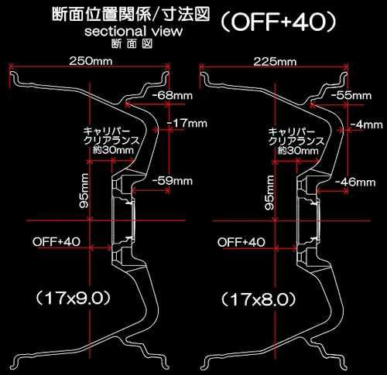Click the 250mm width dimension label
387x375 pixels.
(x=91, y=61)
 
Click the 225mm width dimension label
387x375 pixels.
(x=275, y=62)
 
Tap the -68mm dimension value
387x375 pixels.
(x=173, y=96)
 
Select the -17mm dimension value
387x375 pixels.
(x=187, y=124)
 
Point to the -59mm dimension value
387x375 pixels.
(x=173, y=181)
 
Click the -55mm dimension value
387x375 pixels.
(x=351, y=96)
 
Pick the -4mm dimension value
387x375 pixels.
(x=366, y=124)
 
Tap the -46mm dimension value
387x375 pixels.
(x=355, y=182)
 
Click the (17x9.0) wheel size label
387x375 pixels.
(x=73, y=298)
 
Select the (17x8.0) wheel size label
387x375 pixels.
(x=258, y=299)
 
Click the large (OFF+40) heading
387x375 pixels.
(x=279, y=22)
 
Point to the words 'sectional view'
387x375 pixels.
(x=133, y=31)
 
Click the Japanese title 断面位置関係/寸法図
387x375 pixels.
(x=131, y=14)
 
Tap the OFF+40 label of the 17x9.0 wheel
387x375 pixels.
(x=57, y=242)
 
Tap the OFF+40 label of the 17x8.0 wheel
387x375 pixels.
(x=241, y=242)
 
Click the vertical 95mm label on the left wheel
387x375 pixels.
(x=84, y=191)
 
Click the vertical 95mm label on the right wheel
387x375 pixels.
(x=269, y=193)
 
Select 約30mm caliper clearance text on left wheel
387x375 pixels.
(x=113, y=150)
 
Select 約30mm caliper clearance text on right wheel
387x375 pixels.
(x=298, y=151)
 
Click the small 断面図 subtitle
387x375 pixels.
(x=132, y=44)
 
